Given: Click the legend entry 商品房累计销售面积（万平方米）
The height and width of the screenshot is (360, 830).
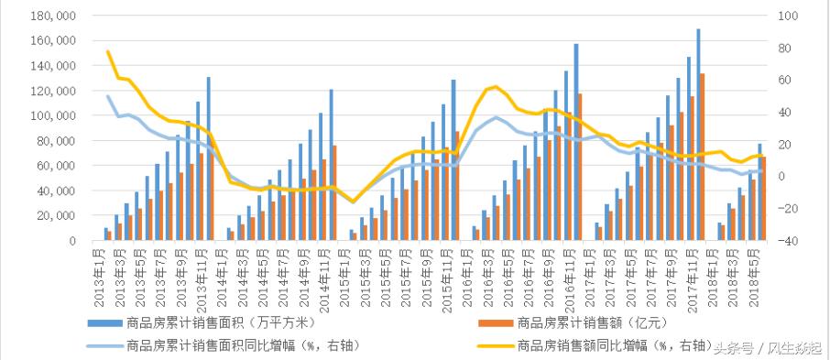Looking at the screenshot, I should click(x=210, y=323).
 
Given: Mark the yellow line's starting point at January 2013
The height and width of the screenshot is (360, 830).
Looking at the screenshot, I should click(x=107, y=51).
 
